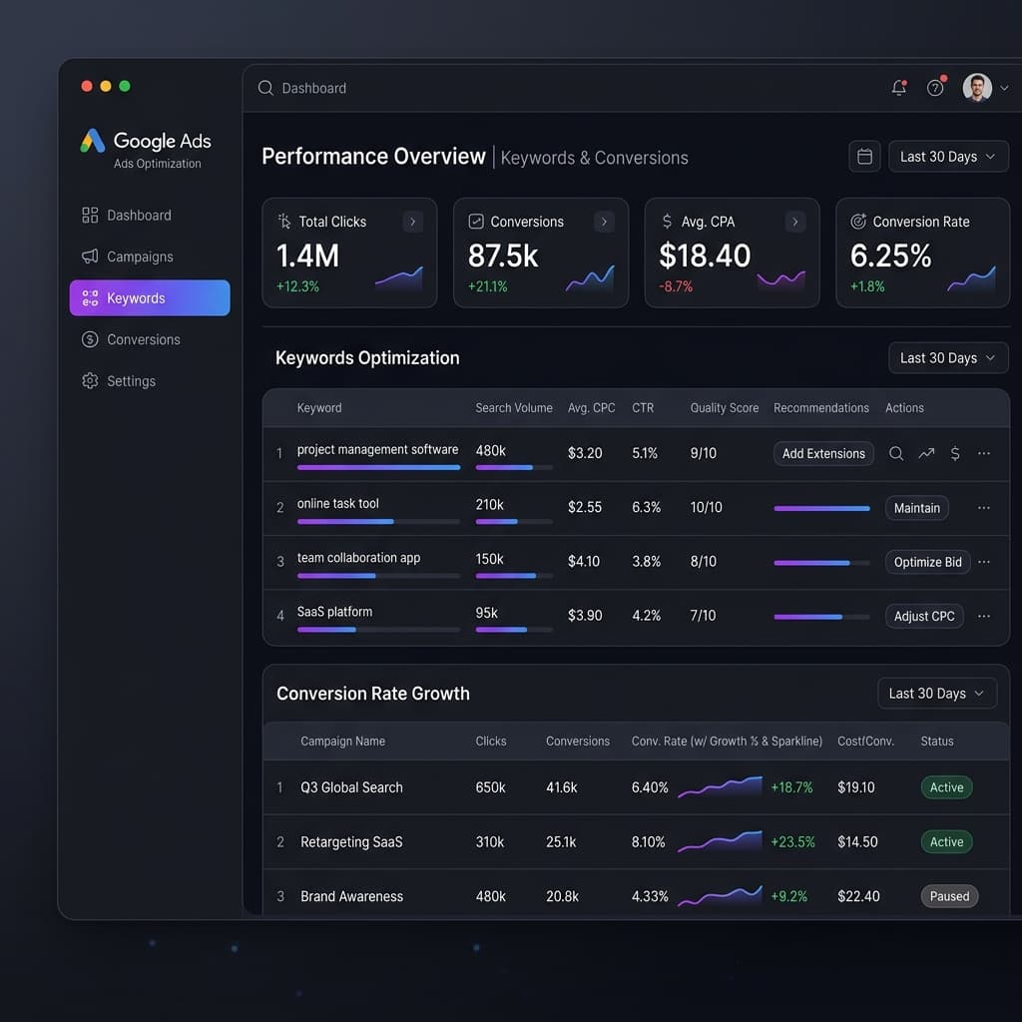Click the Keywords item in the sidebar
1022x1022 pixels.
pyautogui.click(x=150, y=297)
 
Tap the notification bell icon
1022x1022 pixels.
pyautogui.click(x=899, y=88)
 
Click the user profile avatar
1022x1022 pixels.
pyautogui.click(x=977, y=88)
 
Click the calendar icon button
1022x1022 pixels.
pyautogui.click(x=864, y=157)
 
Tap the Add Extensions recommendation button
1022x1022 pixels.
pyautogui.click(x=823, y=454)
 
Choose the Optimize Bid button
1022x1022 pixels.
pyautogui.click(x=927, y=562)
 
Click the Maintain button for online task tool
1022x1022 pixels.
pyautogui.click(x=916, y=508)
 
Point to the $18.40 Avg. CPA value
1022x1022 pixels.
pyautogui.click(x=705, y=255)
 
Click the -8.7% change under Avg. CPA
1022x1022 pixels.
pyautogui.click(x=676, y=286)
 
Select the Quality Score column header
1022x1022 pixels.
pyautogui.click(x=725, y=408)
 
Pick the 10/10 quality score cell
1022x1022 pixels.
pyautogui.click(x=706, y=507)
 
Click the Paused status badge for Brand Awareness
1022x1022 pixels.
pyautogui.click(x=949, y=896)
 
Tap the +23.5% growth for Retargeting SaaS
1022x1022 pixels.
pyautogui.click(x=792, y=842)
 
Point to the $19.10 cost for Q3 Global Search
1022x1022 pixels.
pyautogui.click(x=855, y=787)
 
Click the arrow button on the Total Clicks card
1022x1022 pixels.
pyautogui.click(x=412, y=222)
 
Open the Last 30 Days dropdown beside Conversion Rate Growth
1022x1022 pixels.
pyautogui.click(x=936, y=694)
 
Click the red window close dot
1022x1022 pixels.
pyautogui.click(x=87, y=86)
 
